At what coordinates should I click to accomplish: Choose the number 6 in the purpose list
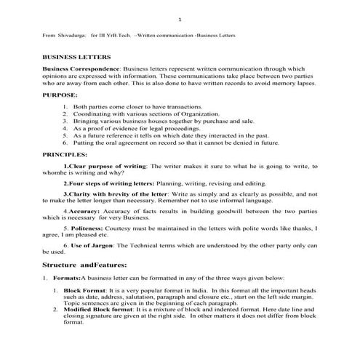click(x=65, y=143)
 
